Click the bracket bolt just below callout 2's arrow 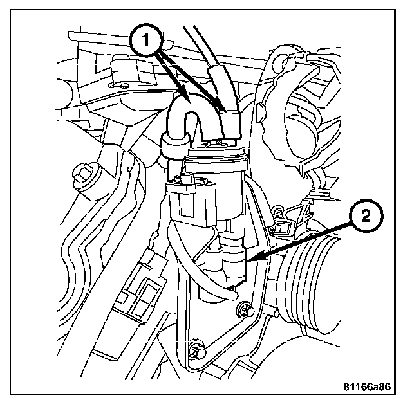click(x=243, y=311)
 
